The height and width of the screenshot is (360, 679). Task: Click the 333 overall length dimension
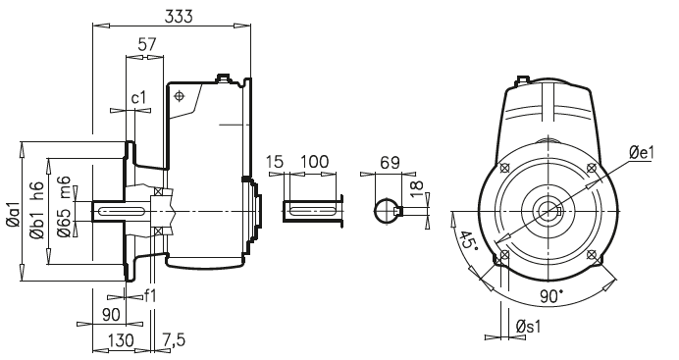177,17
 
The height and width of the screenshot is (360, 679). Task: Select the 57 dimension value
147,44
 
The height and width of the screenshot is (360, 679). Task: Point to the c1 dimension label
139,99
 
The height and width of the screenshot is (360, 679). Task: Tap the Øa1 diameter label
13,217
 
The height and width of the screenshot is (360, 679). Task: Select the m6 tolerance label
64,186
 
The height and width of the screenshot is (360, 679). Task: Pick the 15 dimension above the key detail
276,161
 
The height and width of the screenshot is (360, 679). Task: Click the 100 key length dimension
314,161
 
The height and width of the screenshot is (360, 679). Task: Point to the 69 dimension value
391,161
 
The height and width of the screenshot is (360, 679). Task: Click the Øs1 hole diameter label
533,327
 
